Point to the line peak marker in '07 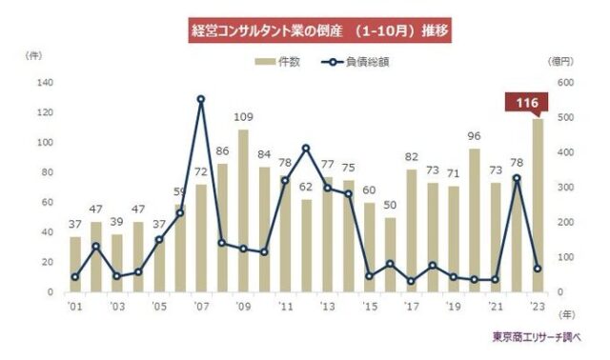(201, 99)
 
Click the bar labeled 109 (243, 210)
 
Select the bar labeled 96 (474, 220)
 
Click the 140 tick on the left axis (45, 83)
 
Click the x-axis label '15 (369, 307)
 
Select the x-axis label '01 (75, 307)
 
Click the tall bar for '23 (537, 205)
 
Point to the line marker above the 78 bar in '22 (516, 178)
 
